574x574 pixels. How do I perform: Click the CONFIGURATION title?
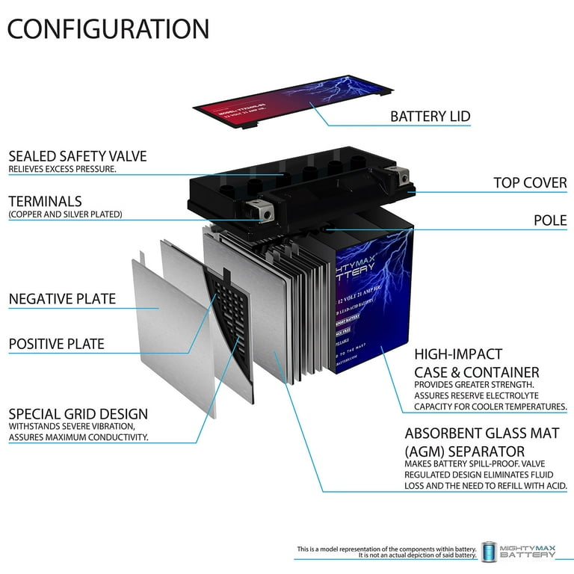pyautogui.click(x=109, y=28)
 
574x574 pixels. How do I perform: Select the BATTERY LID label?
pyautogui.click(x=430, y=117)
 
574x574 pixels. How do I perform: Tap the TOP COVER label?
pyautogui.click(x=530, y=182)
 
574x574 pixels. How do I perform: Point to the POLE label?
pyautogui.click(x=551, y=220)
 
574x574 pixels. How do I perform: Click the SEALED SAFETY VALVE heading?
pyautogui.click(x=78, y=156)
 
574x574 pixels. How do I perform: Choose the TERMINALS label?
pyautogui.click(x=45, y=201)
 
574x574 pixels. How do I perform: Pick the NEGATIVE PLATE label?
pyautogui.click(x=62, y=299)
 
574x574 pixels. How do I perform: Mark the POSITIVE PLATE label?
pyautogui.click(x=57, y=345)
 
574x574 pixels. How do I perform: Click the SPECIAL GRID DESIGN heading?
pyautogui.click(x=78, y=413)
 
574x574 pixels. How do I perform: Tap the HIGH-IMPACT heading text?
pyautogui.click(x=458, y=354)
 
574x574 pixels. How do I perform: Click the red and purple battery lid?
pyautogui.click(x=299, y=101)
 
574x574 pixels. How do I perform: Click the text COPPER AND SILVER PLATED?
pyautogui.click(x=66, y=215)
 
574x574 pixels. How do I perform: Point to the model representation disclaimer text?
pyautogui.click(x=386, y=552)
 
